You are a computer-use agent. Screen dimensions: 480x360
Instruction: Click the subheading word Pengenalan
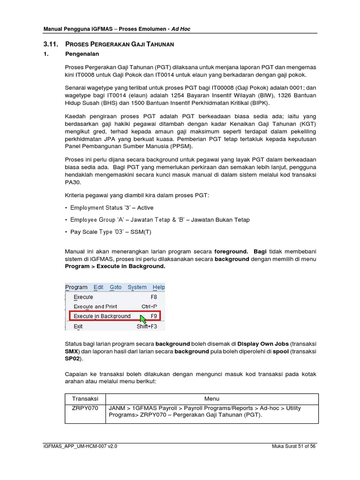click(x=79, y=54)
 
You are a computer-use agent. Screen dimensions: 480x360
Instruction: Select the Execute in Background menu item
click(x=102, y=316)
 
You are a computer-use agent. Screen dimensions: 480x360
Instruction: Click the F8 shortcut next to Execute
click(x=153, y=297)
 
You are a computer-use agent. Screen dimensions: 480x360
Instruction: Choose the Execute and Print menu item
click(x=96, y=307)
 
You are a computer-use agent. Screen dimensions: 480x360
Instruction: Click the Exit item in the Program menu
click(x=78, y=326)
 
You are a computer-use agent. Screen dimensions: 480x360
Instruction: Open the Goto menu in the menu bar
click(x=115, y=287)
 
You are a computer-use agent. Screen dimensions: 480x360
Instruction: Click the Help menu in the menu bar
click(x=159, y=287)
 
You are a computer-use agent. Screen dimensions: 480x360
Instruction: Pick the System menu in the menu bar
click(x=137, y=287)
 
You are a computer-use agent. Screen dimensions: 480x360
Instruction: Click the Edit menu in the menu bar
click(x=98, y=287)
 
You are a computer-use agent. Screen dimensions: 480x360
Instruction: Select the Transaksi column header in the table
click(x=85, y=398)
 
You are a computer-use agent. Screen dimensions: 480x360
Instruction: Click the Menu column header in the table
click(x=212, y=398)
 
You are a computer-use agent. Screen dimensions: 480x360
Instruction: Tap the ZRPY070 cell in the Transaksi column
click(x=85, y=408)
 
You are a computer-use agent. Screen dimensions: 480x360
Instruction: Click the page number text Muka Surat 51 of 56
click(x=294, y=447)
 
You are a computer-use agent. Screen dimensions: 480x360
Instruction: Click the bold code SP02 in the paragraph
click(x=74, y=359)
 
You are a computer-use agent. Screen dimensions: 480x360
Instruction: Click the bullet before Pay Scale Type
click(x=66, y=232)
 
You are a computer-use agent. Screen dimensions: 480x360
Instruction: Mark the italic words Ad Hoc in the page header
click(x=181, y=29)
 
